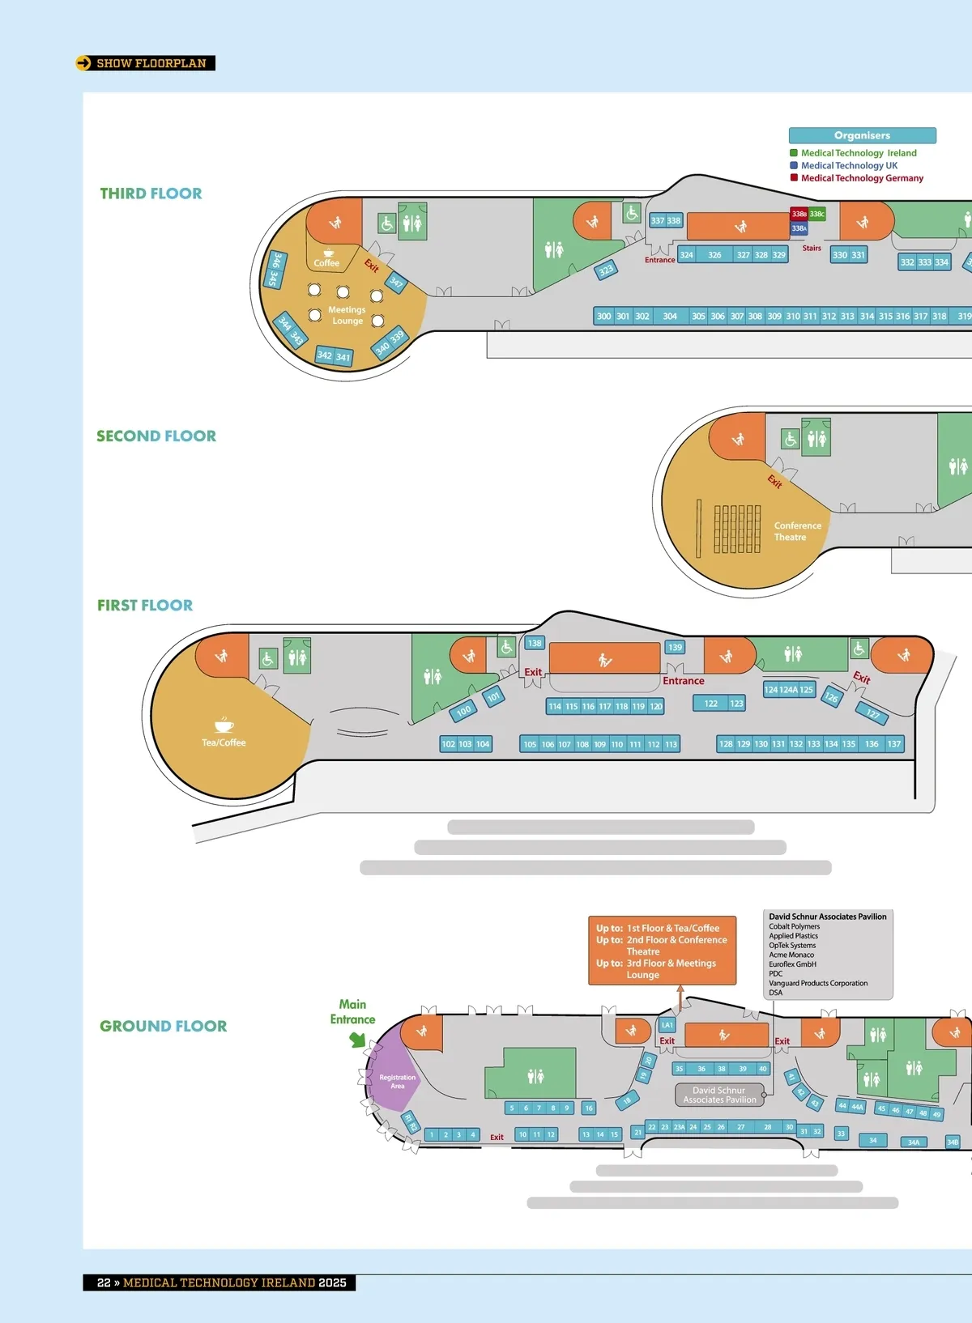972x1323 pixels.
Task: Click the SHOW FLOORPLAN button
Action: click(x=146, y=63)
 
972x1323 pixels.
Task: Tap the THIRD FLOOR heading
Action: click(x=151, y=194)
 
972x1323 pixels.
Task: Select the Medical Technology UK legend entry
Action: click(x=848, y=165)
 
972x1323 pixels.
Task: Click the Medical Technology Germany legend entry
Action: click(x=861, y=178)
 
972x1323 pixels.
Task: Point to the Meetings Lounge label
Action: click(x=347, y=315)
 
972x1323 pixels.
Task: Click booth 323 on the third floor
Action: click(x=606, y=270)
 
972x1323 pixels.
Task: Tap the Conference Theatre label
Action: click(x=797, y=531)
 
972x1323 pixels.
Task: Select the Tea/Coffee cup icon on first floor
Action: click(x=224, y=725)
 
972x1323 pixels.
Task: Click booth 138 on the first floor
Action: click(x=535, y=644)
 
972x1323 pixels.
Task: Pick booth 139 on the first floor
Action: click(x=676, y=648)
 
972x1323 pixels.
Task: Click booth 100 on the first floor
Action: click(x=463, y=712)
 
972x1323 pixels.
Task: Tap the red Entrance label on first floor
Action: click(x=683, y=681)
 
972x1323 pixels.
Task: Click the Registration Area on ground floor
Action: click(x=397, y=1082)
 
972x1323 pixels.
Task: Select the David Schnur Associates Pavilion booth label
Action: click(x=719, y=1095)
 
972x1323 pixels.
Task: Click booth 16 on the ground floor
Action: click(x=589, y=1108)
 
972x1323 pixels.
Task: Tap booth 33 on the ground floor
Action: click(x=841, y=1134)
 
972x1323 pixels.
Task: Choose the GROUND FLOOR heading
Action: click(x=163, y=1026)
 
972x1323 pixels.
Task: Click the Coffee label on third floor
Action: click(x=326, y=263)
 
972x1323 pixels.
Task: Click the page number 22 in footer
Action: click(x=104, y=1283)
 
